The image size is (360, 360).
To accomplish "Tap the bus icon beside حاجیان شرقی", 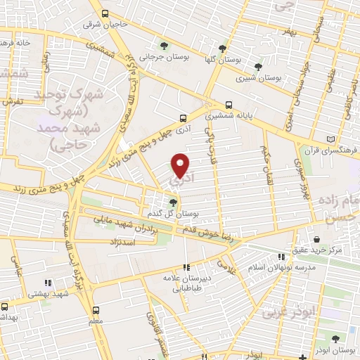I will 104,13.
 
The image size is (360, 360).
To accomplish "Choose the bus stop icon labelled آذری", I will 183,118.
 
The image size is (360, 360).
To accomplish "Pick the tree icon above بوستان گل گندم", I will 173,202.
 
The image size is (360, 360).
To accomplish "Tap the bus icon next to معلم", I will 96,309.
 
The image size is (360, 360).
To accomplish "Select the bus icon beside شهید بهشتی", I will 6,307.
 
